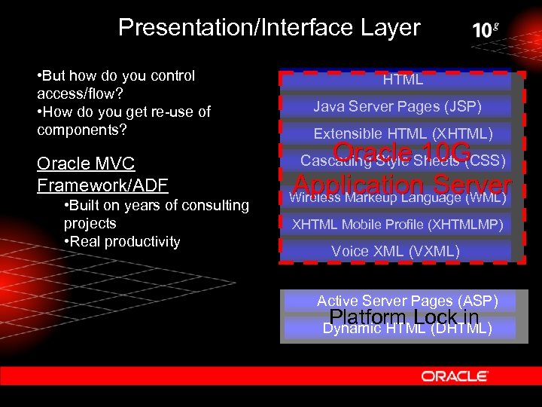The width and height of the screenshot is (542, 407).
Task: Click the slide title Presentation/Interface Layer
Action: (x=269, y=28)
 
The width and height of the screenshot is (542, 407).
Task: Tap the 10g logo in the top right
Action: (x=486, y=30)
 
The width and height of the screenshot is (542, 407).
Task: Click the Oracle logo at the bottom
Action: (x=455, y=375)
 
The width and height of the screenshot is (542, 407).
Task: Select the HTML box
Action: (x=403, y=80)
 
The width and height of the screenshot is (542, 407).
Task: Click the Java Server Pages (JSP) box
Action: (x=397, y=106)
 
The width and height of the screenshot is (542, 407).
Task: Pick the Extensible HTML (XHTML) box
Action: (x=403, y=133)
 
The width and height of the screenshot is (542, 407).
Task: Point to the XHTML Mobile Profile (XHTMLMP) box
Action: (x=397, y=224)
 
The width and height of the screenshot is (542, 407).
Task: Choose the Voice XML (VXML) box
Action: (x=395, y=251)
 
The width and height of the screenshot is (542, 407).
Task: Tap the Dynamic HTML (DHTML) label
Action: (x=407, y=328)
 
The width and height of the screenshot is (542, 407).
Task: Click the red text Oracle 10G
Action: (x=402, y=151)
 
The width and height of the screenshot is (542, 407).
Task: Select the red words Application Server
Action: (x=402, y=185)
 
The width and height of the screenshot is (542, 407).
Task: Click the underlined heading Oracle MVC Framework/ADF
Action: (x=102, y=174)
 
